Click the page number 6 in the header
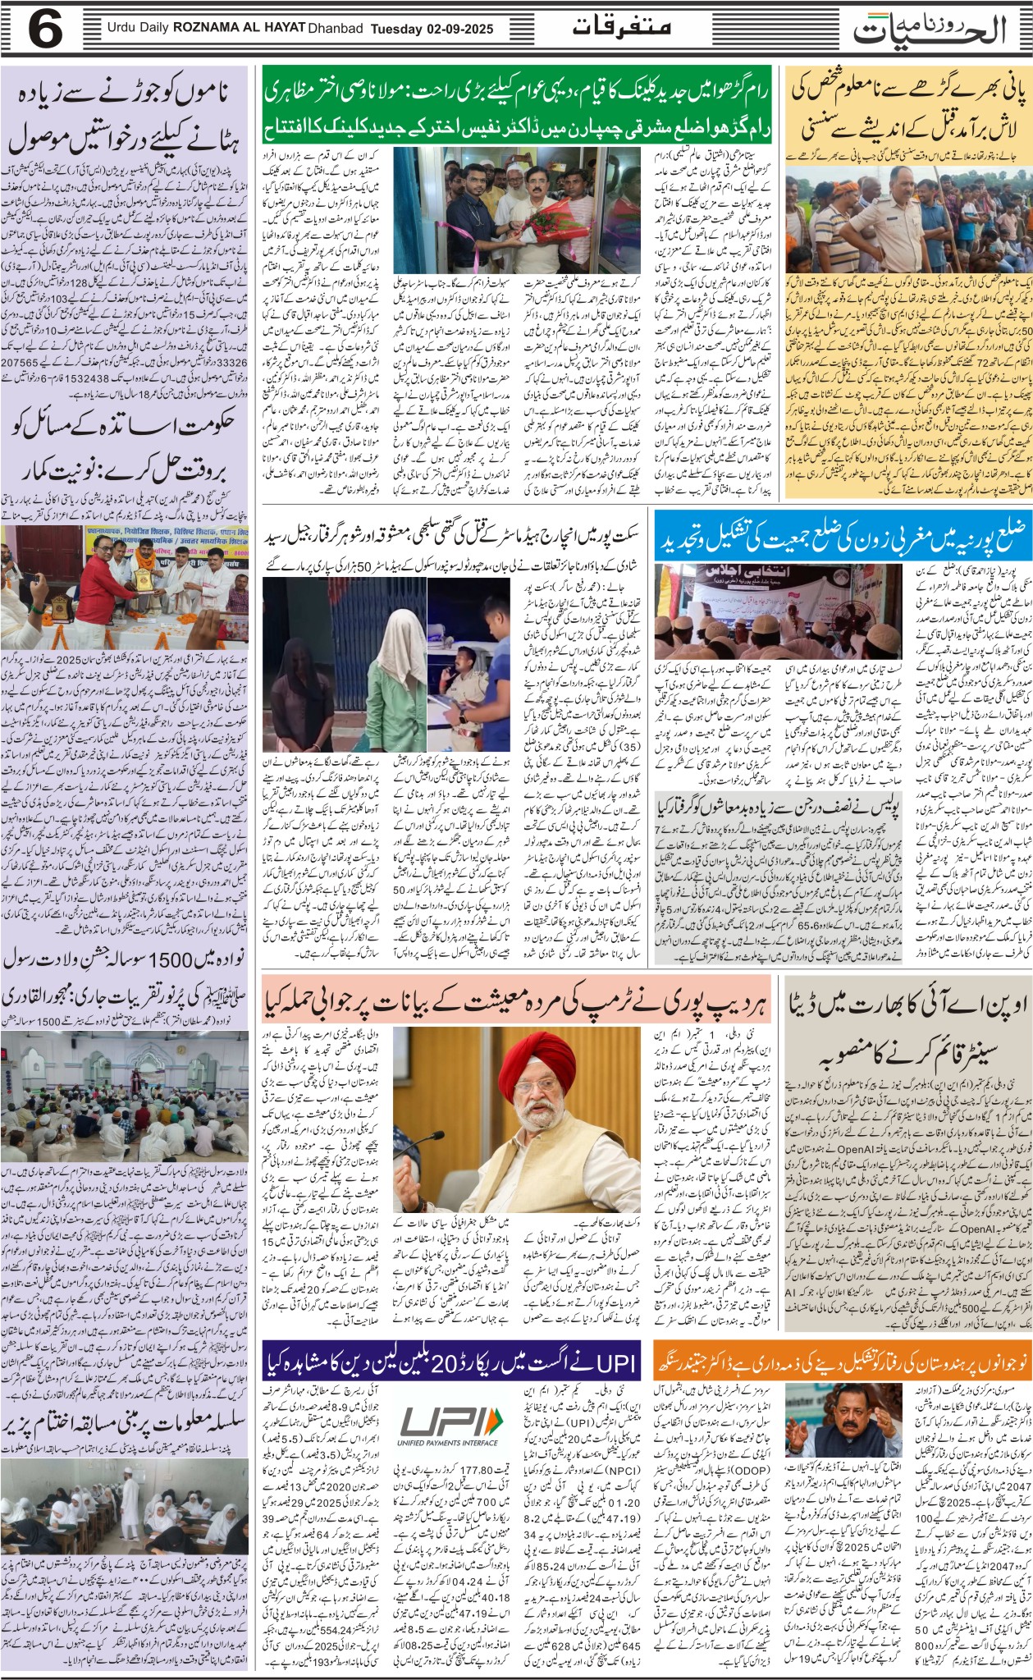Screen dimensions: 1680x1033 pos(46,30)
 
